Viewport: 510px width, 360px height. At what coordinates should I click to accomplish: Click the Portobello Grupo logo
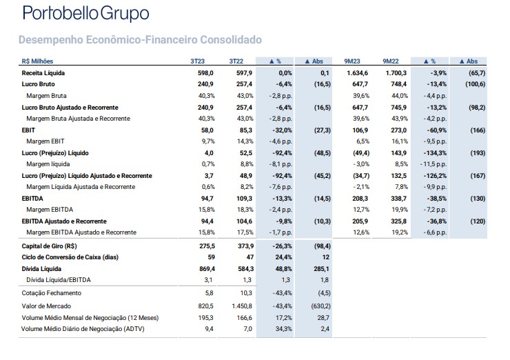86,14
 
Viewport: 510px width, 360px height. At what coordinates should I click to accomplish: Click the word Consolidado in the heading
231,40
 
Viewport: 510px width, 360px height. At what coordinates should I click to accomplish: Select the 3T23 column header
197,61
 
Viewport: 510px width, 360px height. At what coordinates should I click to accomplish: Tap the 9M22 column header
391,61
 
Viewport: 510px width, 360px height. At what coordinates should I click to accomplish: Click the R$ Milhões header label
37,61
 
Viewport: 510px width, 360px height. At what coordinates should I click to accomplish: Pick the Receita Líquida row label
43,73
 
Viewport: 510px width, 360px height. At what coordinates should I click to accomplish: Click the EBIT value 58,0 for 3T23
207,130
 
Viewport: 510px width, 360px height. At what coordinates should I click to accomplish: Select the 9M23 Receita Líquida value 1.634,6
358,73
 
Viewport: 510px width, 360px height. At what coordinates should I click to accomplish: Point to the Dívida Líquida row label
41,269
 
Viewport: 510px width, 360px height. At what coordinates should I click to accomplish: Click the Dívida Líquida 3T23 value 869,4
207,269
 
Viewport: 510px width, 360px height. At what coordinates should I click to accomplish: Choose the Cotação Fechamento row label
52,293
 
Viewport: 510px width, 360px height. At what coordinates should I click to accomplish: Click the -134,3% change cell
435,153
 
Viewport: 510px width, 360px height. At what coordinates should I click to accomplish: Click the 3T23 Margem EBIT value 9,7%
208,141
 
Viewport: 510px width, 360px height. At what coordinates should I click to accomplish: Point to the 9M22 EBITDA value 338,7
399,199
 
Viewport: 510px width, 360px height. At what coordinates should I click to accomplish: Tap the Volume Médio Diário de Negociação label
83,329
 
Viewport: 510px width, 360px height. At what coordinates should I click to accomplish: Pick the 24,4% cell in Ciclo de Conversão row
284,257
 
